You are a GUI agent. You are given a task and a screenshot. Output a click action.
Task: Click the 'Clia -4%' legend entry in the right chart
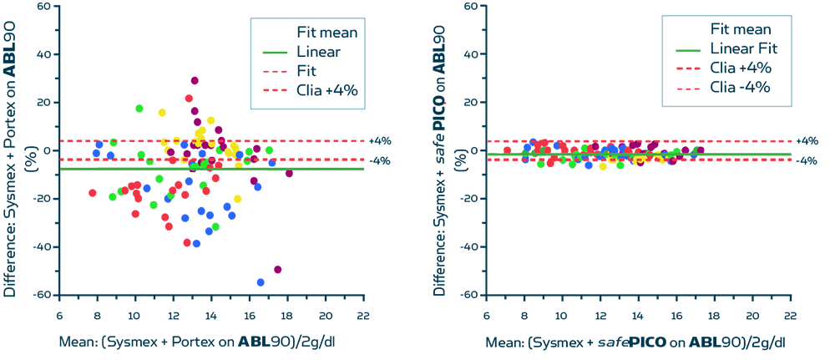[740, 87]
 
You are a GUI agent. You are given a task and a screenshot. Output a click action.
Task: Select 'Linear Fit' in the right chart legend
[744, 49]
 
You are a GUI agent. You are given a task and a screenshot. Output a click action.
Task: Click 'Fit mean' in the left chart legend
[328, 33]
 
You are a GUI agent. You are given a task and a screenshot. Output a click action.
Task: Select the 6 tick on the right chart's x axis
[485, 317]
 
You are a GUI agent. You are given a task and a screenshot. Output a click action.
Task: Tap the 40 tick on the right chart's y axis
[471, 55]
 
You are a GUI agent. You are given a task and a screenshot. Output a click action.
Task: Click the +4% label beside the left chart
[380, 141]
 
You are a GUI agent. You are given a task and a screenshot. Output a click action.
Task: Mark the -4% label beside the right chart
[807, 161]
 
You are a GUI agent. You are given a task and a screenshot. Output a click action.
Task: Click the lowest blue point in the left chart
[261, 282]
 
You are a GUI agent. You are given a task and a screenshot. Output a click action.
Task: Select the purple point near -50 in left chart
[277, 269]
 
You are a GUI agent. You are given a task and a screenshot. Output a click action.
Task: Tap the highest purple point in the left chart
[195, 80]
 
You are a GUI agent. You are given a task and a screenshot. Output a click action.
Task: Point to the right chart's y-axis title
[440, 150]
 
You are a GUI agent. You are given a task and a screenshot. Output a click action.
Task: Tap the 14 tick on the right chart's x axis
[638, 317]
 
